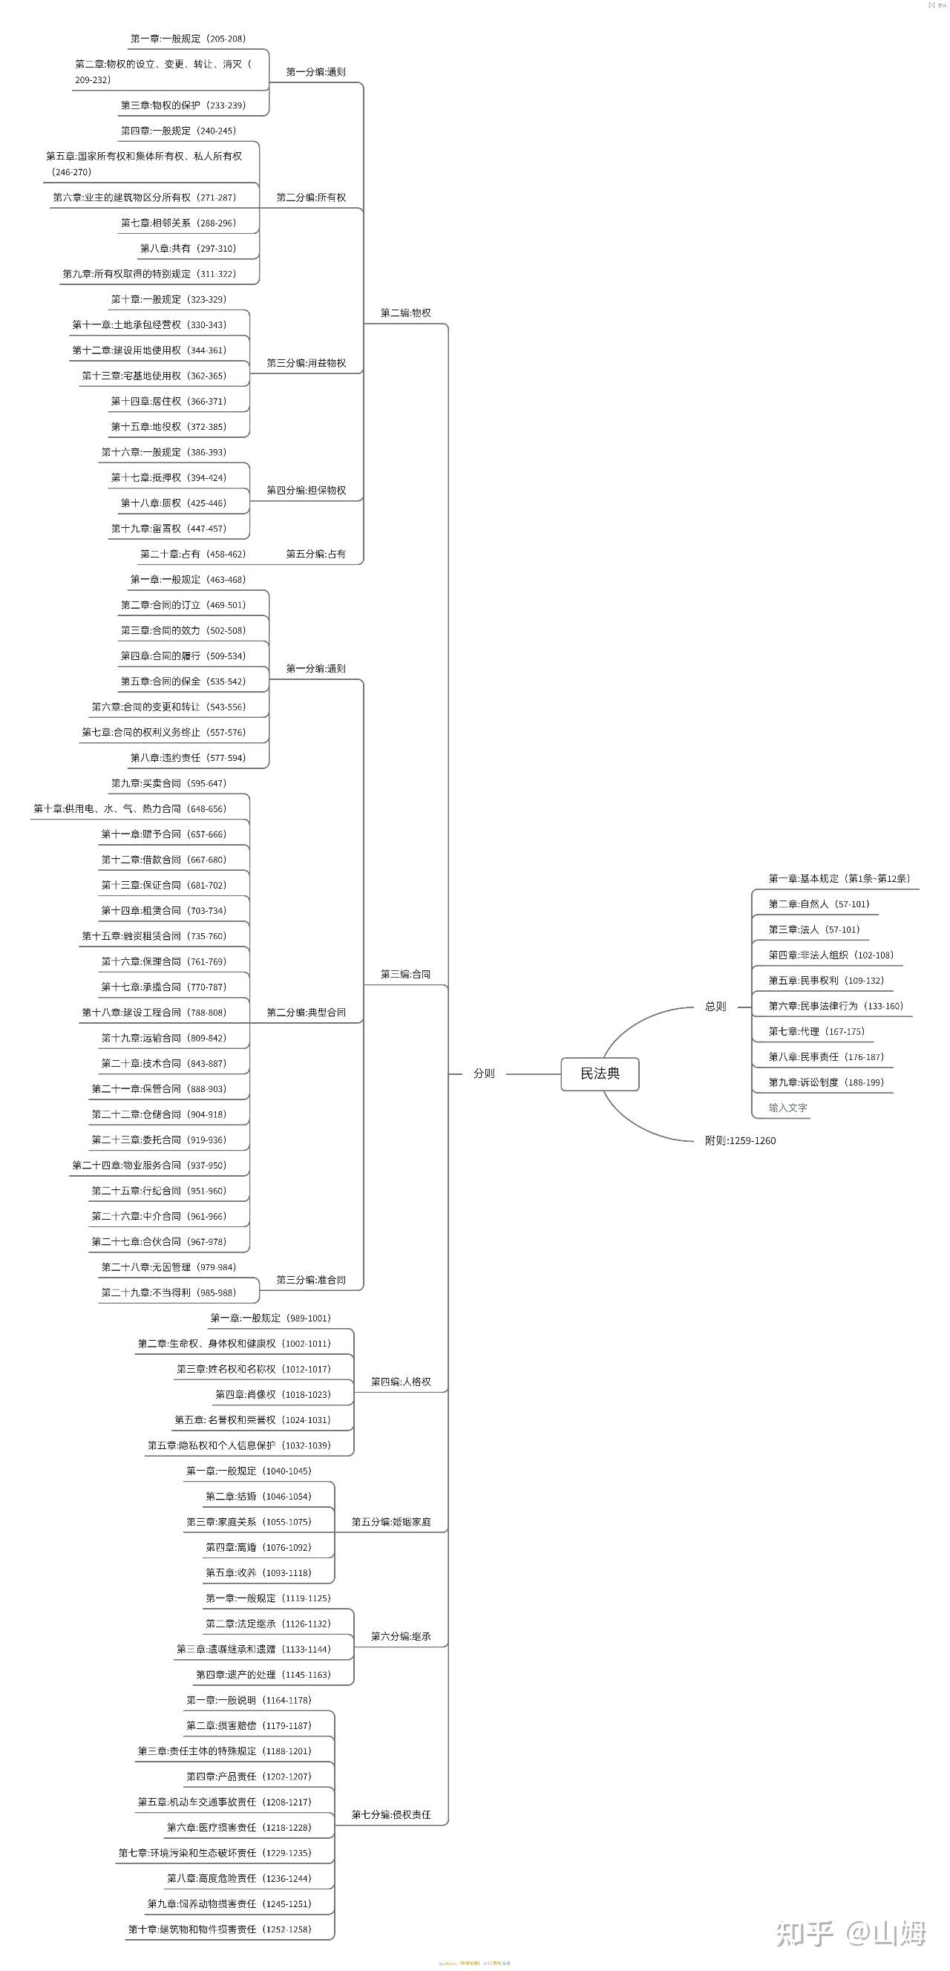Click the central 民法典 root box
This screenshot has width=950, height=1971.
coord(600,1073)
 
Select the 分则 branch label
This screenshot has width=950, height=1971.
coord(483,1073)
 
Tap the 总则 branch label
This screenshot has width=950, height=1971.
coord(715,1006)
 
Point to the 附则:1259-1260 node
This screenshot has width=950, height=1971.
coord(740,1140)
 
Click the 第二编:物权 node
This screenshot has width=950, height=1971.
coord(405,313)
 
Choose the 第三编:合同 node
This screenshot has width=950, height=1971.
coord(405,974)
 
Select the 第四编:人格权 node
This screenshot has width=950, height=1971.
coord(401,1381)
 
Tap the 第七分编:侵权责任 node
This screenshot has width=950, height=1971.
coord(391,1814)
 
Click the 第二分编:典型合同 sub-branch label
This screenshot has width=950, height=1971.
coord(306,1013)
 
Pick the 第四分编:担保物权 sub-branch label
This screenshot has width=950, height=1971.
coord(306,490)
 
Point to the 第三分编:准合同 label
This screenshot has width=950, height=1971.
coord(310,1279)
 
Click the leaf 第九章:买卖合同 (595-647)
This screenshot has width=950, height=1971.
coord(168,782)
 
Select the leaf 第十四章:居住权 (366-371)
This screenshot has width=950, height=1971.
coord(168,401)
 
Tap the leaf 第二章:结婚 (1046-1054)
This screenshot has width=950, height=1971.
coord(258,1496)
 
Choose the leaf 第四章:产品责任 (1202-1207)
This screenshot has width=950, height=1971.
coord(249,1776)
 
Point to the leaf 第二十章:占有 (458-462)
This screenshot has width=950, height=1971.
coord(193,553)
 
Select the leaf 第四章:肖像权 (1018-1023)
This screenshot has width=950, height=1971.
coord(272,1394)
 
